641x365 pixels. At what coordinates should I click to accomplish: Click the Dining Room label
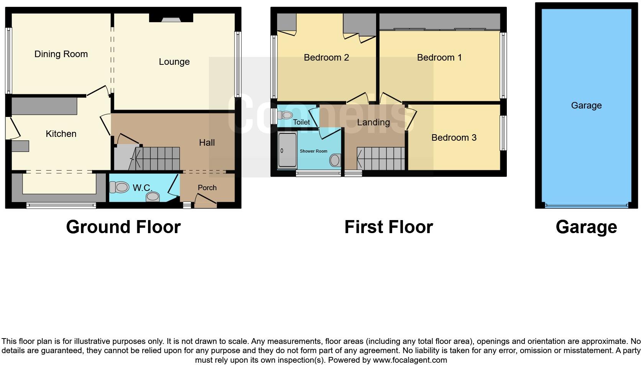pos(61,54)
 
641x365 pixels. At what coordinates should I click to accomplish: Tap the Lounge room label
pos(174,62)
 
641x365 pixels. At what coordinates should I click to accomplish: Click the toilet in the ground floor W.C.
pos(119,187)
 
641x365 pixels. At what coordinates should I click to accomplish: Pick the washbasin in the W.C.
pos(153,197)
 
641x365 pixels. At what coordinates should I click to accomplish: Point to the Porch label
pos(207,187)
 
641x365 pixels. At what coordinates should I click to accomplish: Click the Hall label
pos(207,143)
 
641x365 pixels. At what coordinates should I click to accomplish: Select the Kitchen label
pos(61,134)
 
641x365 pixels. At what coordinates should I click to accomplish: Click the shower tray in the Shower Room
pos(287,150)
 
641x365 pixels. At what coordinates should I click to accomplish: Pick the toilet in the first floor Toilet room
pos(285,115)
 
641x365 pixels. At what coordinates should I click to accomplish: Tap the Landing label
pos(373,122)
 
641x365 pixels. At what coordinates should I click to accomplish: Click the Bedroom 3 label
pos(454,138)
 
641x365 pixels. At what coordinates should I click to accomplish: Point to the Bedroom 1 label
pos(439,58)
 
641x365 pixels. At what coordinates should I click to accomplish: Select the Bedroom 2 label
pos(326,58)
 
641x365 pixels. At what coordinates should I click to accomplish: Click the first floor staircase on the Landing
pos(380,159)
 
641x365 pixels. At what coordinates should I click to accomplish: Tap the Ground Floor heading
pos(123,227)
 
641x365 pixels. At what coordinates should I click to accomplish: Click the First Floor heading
pos(388,227)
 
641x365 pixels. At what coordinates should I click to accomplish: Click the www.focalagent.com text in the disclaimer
pos(410,360)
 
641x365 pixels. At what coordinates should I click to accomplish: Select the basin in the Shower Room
pos(335,160)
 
